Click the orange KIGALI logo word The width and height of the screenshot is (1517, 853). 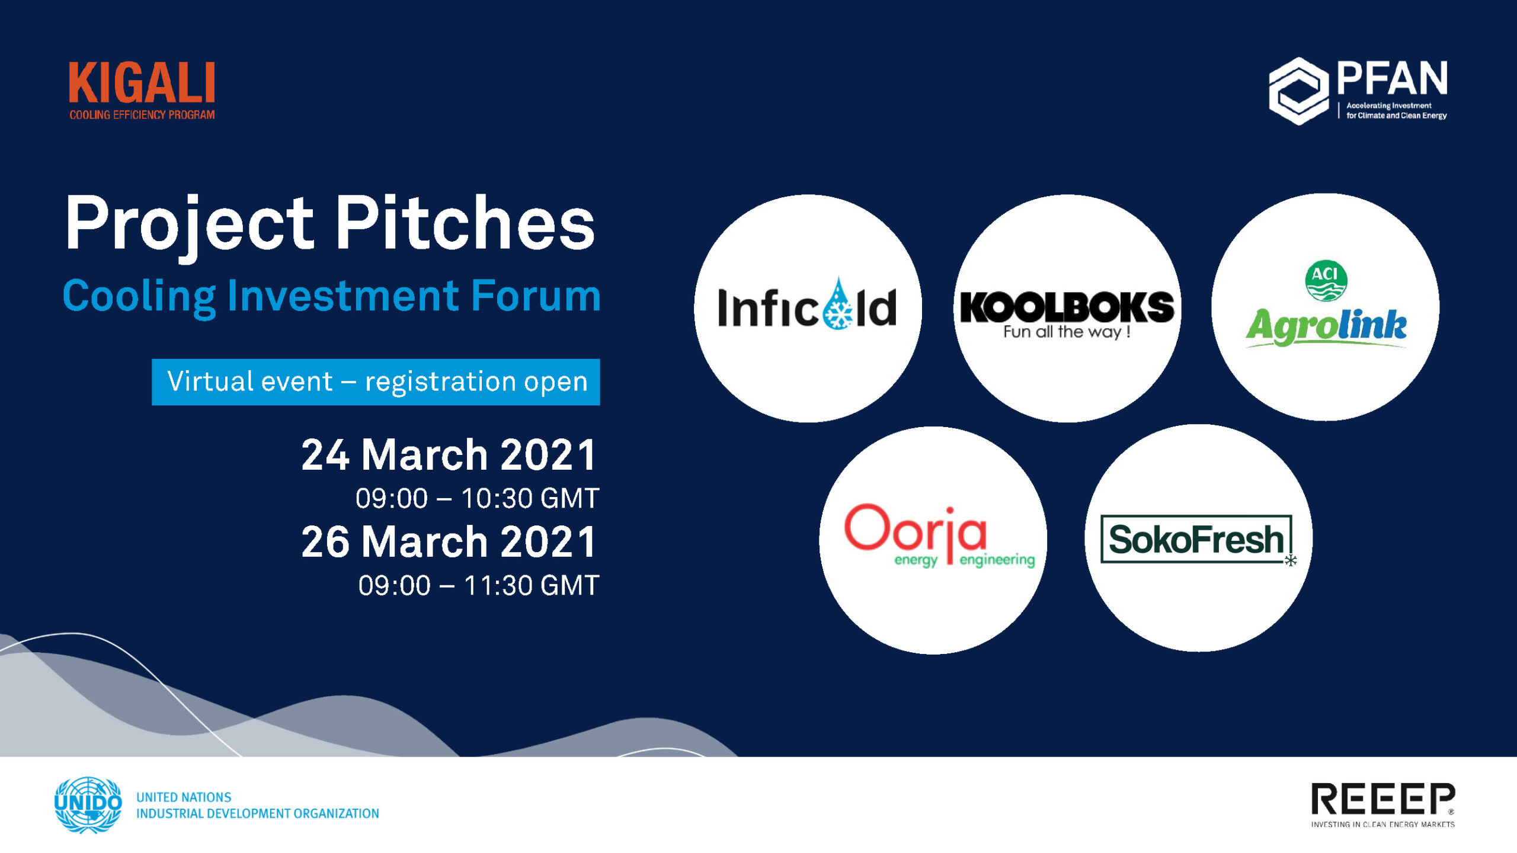[x=142, y=84]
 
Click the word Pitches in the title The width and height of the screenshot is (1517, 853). [x=465, y=223]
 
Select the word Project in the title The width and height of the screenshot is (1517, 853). [x=190, y=227]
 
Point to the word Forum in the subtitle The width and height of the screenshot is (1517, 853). [x=536, y=296]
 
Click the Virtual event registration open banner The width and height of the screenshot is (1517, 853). [x=376, y=382]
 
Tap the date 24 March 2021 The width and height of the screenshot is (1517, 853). [x=449, y=455]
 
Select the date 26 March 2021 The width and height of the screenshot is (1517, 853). [x=449, y=542]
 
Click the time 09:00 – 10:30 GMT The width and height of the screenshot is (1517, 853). [x=478, y=498]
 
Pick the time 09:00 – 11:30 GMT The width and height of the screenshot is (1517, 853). [x=479, y=585]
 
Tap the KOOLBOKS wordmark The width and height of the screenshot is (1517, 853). [x=1067, y=307]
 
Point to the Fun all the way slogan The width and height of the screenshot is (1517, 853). [x=1067, y=332]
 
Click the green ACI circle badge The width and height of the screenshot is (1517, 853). [x=1326, y=280]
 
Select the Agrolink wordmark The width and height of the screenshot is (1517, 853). [x=1326, y=327]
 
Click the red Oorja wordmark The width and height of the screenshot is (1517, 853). [x=916, y=528]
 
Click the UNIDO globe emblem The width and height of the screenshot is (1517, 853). [x=88, y=805]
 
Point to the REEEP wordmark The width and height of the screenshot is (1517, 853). [x=1383, y=799]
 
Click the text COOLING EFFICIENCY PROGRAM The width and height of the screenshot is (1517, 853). [x=142, y=115]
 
